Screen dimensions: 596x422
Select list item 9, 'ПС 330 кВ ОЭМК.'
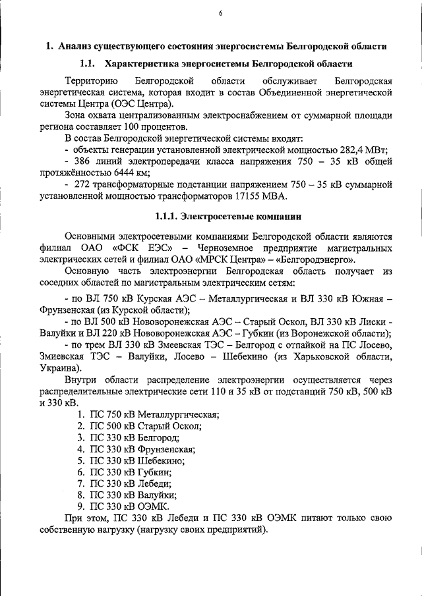point(129,506)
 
